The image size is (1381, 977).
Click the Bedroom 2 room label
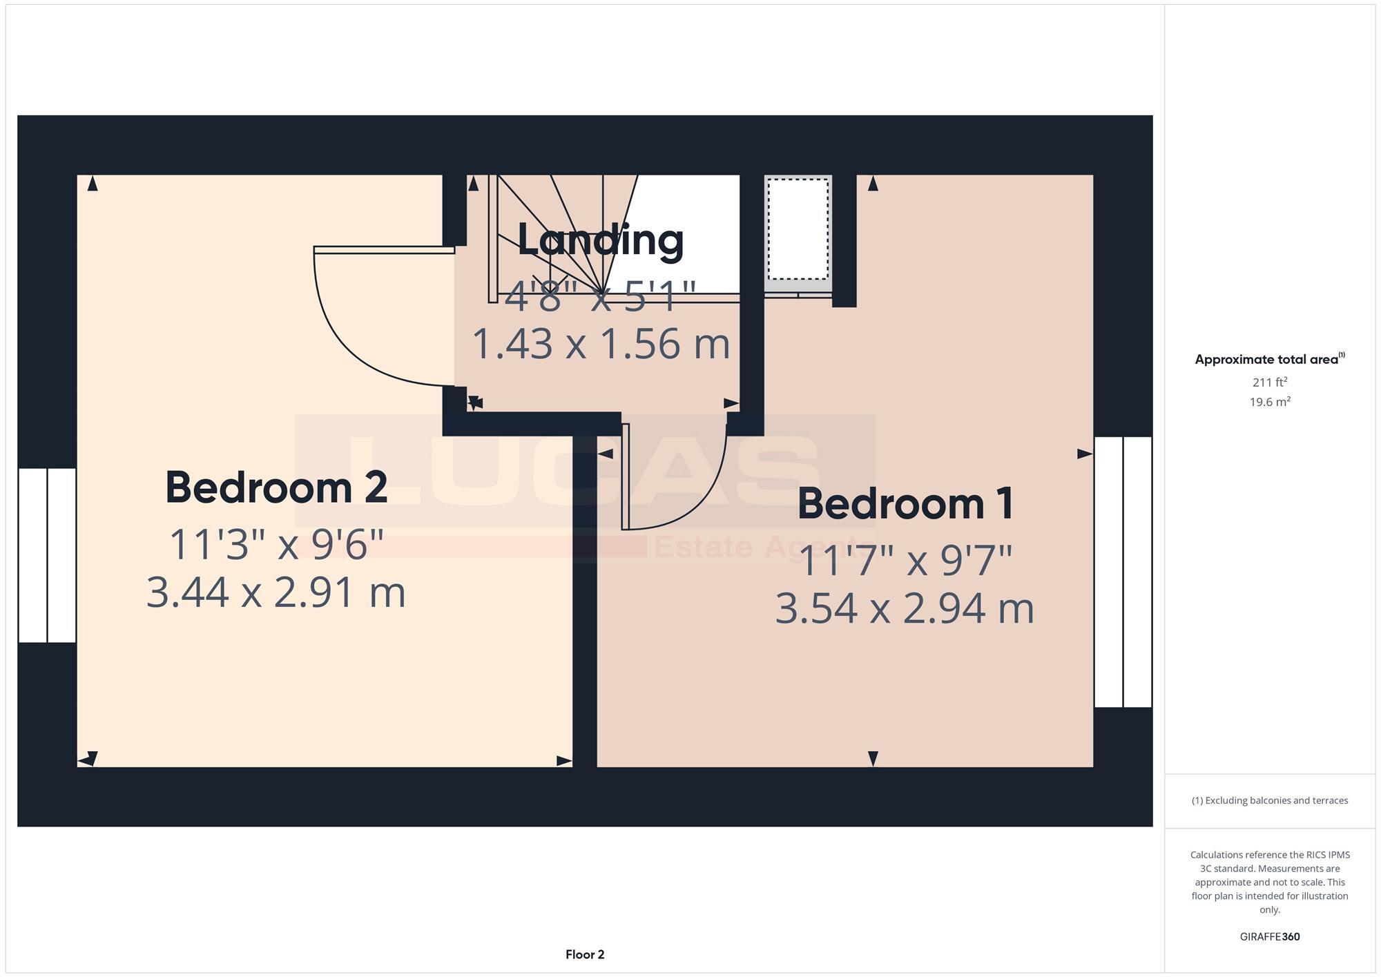(276, 487)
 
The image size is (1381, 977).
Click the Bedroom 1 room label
(905, 503)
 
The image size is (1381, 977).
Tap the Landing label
(600, 240)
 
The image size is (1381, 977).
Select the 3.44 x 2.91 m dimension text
(276, 592)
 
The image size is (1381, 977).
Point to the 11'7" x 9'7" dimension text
(905, 560)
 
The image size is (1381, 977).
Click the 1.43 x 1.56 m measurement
(600, 344)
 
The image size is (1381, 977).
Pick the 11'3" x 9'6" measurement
(276, 544)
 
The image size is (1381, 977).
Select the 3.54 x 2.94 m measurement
(905, 609)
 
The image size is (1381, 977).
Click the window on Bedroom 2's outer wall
(47, 555)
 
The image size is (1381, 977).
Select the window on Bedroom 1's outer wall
(1123, 572)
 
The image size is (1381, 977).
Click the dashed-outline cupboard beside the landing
(798, 229)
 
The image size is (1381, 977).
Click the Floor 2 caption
(585, 955)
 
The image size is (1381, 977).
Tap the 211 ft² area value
(1270, 382)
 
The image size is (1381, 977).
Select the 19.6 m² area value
(1270, 402)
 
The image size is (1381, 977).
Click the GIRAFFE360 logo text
(1270, 937)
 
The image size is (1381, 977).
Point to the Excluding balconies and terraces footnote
(1270, 801)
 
